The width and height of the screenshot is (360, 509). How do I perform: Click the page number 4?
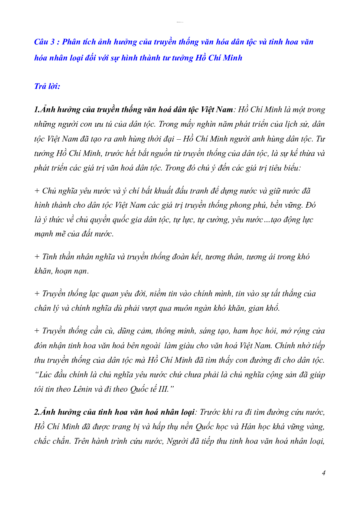pyautogui.click(x=324, y=473)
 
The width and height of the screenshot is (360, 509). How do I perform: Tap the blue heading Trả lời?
pyautogui.click(x=47, y=86)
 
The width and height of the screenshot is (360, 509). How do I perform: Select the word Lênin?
pyautogui.click(x=83, y=389)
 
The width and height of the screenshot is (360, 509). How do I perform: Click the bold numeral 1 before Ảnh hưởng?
pyautogui.click(x=36, y=109)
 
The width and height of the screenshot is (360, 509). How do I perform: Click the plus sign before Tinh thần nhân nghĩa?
pyautogui.click(x=37, y=257)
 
